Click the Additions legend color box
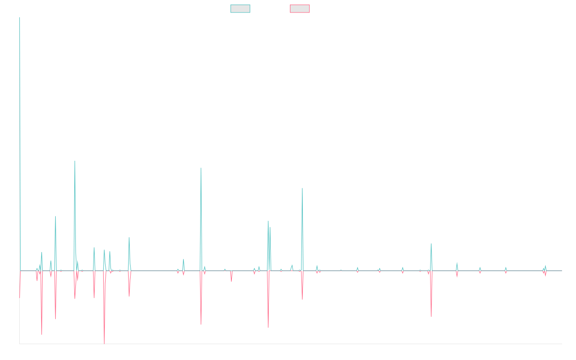[240, 9]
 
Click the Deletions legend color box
[300, 9]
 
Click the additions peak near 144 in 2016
[75, 161]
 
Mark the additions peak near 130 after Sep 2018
[201, 168]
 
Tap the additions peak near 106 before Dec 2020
[302, 188]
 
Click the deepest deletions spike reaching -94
[104, 343]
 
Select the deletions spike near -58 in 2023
[431, 316]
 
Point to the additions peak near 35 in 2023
[431, 244]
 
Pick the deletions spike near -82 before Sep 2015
[42, 334]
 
